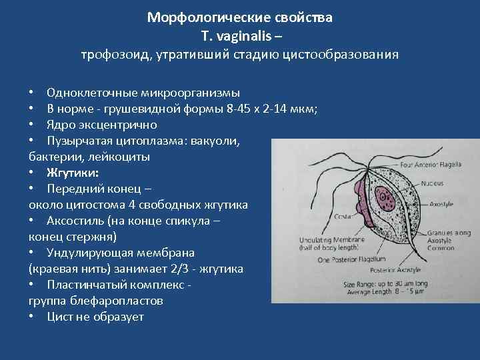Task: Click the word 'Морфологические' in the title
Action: tap(192, 18)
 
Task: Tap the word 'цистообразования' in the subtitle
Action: tap(345, 55)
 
